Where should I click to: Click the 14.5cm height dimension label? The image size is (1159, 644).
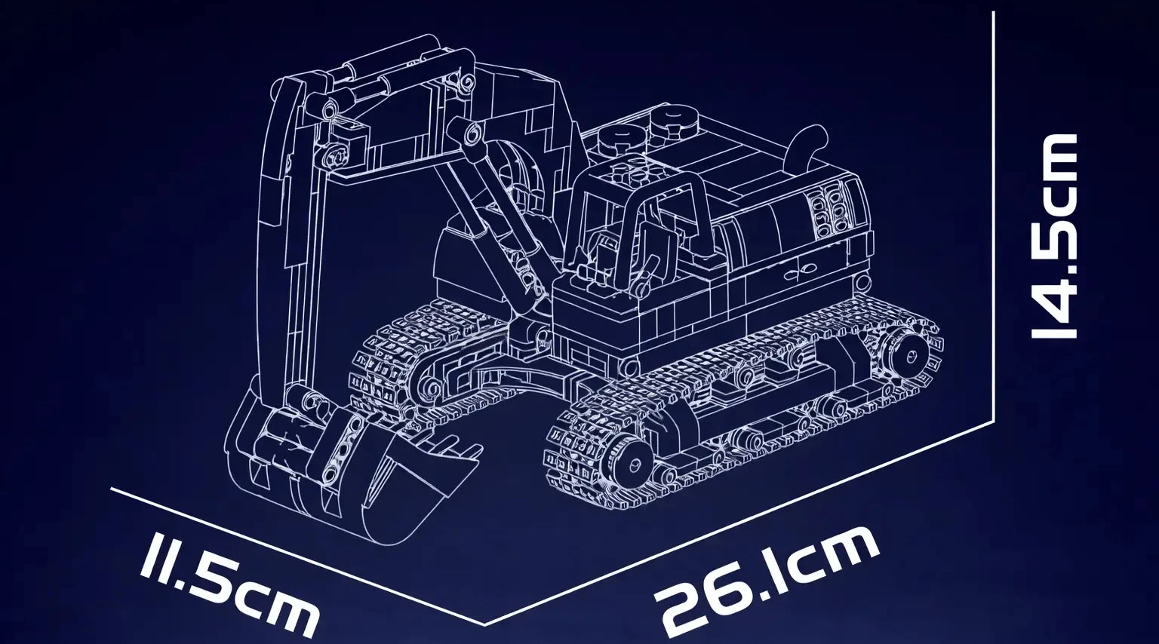point(1054,237)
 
